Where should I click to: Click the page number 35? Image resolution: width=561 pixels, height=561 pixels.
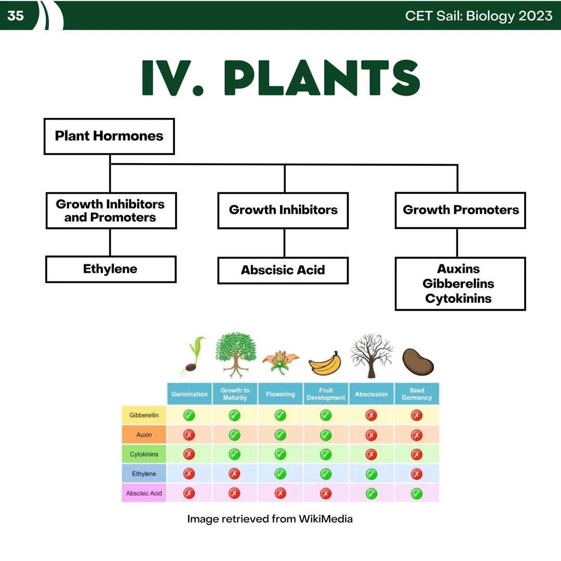tap(16, 16)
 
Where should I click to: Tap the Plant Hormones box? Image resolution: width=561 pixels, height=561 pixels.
tap(109, 136)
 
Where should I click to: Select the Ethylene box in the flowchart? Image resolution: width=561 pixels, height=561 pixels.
tap(110, 269)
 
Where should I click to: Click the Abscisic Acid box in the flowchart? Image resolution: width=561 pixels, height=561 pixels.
tap(283, 270)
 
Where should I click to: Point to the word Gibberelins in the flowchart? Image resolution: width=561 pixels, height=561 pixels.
tap(458, 284)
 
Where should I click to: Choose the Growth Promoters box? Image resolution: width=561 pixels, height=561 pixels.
tap(460, 210)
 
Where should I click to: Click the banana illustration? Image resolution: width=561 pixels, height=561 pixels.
tap(325, 363)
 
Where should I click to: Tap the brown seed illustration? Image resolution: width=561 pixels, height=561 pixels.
tap(418, 362)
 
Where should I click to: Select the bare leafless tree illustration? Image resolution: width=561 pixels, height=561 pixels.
tap(371, 355)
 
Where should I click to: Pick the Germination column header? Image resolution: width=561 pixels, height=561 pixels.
tap(190, 394)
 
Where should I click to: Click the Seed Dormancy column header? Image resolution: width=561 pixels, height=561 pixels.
tap(417, 394)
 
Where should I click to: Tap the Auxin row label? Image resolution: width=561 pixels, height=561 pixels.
tap(144, 435)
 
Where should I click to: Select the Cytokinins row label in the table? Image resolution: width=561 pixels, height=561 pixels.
tap(144, 455)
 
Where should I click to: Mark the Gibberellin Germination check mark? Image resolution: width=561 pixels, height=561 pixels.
tap(189, 415)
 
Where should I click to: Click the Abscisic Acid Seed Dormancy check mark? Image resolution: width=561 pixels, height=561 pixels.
tap(417, 493)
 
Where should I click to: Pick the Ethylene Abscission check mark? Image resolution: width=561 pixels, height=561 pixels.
tap(371, 474)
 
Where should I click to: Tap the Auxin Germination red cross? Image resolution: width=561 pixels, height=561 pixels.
tap(189, 435)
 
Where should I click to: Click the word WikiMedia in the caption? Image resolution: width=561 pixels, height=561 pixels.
tap(325, 519)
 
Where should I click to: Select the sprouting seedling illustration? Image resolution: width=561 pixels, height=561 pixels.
tap(192, 356)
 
